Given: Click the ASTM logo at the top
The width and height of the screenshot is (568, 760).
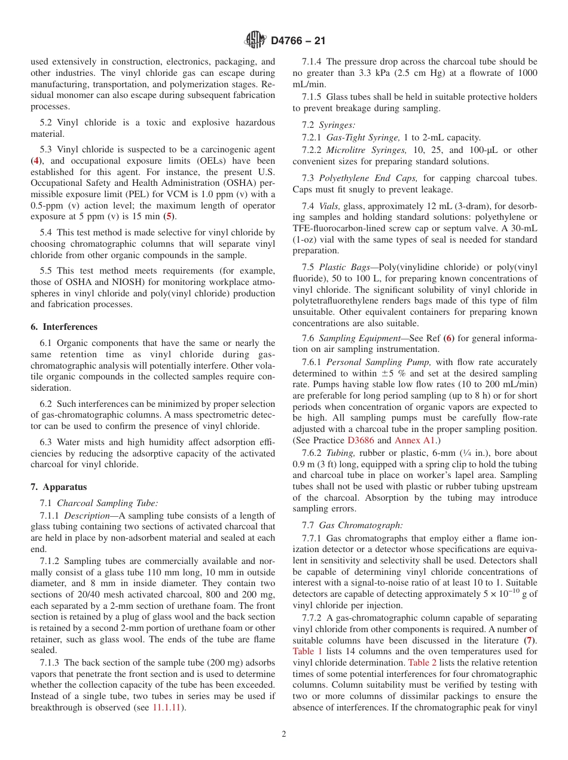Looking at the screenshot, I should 256,41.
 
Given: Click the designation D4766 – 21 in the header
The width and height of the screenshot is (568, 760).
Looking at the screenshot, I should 298,41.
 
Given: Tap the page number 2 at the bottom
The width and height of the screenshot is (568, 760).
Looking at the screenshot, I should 284,734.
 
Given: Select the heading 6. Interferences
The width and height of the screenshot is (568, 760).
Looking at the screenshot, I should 64,327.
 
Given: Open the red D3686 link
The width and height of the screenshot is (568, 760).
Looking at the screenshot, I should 360,441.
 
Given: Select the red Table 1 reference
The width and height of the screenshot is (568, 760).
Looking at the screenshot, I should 306,651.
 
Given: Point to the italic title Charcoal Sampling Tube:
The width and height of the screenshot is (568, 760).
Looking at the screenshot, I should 107,503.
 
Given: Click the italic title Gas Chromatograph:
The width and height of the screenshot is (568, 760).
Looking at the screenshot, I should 361,526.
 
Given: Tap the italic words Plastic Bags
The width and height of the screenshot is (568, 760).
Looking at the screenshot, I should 343,267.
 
